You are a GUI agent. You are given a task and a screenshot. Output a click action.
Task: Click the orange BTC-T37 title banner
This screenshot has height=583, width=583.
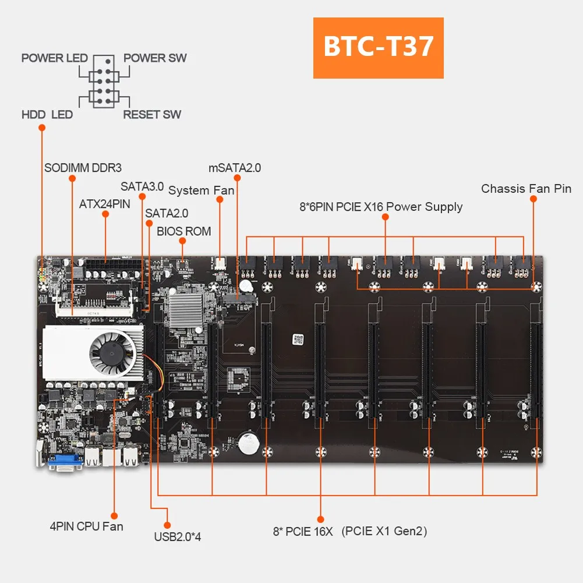(378, 48)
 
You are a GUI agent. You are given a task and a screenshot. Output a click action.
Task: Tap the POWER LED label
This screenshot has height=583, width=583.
(54, 58)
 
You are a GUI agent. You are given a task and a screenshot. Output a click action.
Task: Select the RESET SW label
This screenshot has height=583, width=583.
(152, 115)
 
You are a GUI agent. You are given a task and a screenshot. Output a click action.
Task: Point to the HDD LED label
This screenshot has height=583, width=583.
(47, 115)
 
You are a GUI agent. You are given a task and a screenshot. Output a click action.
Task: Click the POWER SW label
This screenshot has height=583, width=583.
(155, 58)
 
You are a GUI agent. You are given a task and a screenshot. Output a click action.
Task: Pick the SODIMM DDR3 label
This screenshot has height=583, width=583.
(83, 168)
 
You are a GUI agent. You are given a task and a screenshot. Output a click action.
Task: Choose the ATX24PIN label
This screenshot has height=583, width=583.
(105, 204)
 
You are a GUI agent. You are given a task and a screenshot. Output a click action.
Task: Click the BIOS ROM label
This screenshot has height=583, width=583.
(183, 231)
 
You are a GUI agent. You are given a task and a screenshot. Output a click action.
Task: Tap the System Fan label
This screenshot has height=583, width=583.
(201, 190)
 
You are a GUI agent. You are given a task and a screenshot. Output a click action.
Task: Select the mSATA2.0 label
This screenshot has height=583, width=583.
(235, 168)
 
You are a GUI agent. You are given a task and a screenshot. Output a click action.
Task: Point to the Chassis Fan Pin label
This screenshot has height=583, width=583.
(526, 189)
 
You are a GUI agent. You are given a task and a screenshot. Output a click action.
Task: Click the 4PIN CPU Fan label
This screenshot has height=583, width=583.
(86, 527)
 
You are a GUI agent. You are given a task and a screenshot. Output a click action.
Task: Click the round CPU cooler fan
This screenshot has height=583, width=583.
(112, 353)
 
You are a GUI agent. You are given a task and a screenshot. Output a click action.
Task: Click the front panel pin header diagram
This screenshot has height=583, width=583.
(105, 86)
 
